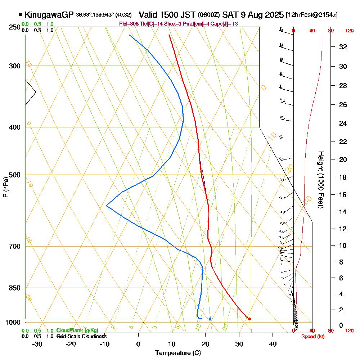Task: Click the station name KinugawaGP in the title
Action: (x=50, y=15)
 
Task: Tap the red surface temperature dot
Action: (x=249, y=319)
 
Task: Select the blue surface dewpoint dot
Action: (x=210, y=319)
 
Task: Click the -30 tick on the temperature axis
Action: (x=37, y=344)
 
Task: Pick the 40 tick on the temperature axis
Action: (x=273, y=344)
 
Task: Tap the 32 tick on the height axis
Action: (x=343, y=47)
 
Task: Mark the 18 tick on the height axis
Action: (x=343, y=177)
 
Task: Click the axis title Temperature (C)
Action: (x=178, y=353)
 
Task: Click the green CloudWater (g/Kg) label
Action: (x=77, y=330)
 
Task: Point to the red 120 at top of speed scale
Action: (x=349, y=31)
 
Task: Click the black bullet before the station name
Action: (x=21, y=15)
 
